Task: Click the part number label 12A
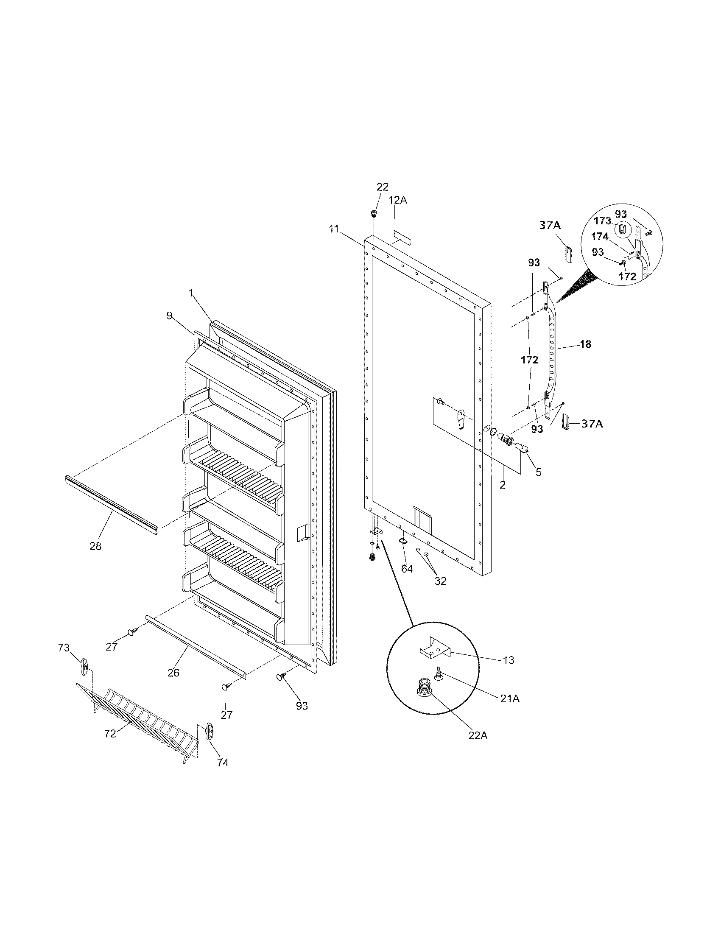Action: [398, 200]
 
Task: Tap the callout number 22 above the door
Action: [382, 187]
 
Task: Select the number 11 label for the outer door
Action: [334, 229]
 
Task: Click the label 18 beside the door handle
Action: [586, 344]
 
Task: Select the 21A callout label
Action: [509, 698]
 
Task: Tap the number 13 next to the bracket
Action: [508, 660]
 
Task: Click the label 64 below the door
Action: [407, 569]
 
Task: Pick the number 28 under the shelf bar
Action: [95, 545]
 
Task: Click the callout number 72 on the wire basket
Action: [110, 733]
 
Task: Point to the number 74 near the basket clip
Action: [223, 762]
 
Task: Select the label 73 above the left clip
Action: [64, 648]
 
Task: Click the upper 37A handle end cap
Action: [568, 254]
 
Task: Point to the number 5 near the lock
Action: [538, 472]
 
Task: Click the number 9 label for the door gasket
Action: [170, 316]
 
